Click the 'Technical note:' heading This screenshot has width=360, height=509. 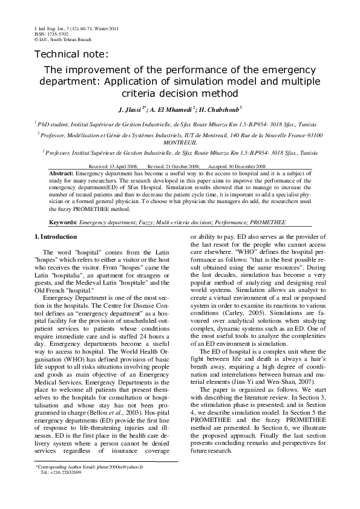(71, 54)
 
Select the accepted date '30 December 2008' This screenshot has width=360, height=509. (246, 166)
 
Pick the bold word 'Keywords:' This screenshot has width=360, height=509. (63, 222)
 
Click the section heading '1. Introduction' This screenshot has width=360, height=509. (56, 237)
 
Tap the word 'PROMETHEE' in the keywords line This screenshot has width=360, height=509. (266, 222)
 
